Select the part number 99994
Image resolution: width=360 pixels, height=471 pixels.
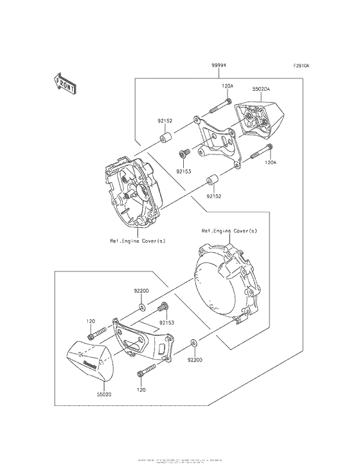(217, 66)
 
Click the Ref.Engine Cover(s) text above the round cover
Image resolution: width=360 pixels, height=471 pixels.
(230, 230)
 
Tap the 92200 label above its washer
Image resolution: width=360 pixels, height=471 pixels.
(141, 291)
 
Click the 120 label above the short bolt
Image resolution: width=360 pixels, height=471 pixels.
(92, 320)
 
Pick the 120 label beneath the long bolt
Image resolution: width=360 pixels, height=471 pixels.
(142, 390)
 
